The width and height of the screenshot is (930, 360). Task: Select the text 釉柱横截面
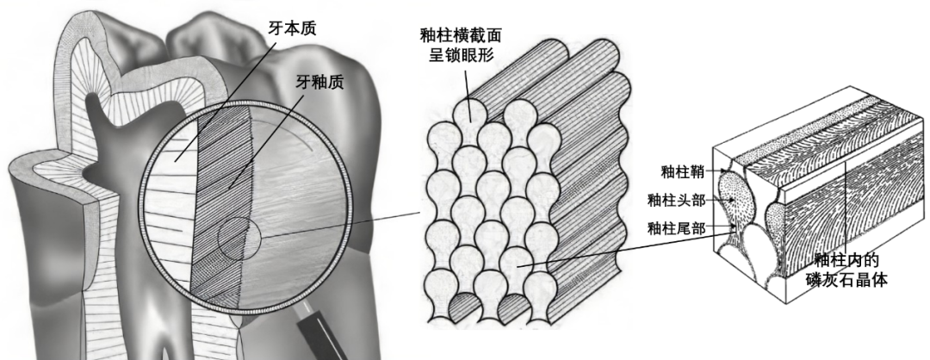(x=461, y=34)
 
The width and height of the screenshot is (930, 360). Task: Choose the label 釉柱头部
(x=675, y=201)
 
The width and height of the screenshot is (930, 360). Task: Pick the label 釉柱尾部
(x=675, y=228)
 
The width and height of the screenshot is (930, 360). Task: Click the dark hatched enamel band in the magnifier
(x=220, y=215)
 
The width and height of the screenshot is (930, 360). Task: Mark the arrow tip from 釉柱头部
(x=733, y=201)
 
